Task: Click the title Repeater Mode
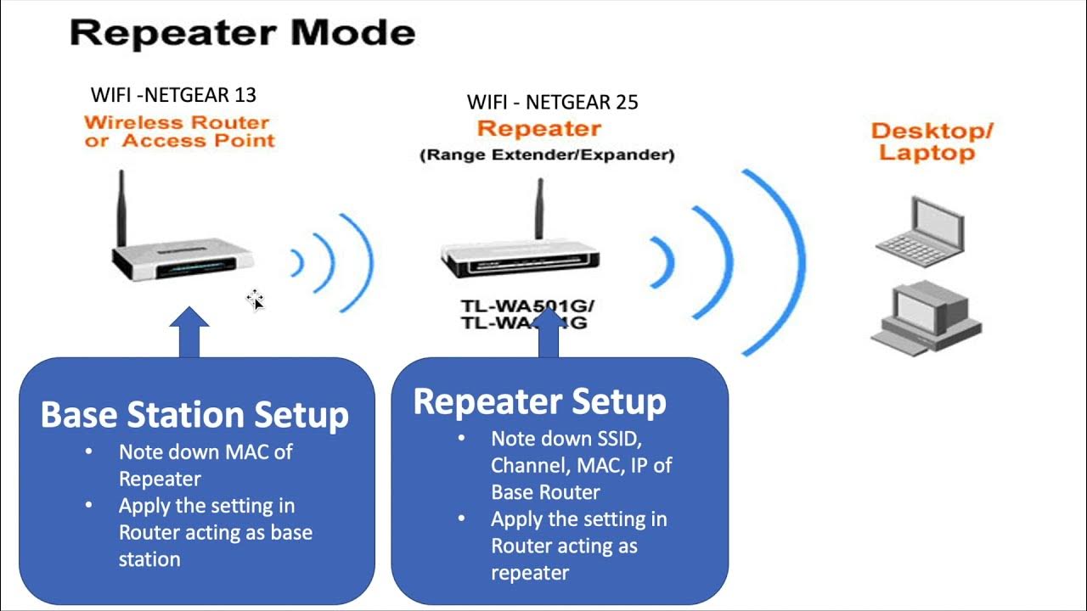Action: (242, 33)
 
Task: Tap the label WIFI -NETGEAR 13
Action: (173, 94)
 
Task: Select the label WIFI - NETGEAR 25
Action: (552, 103)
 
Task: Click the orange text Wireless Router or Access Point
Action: (179, 132)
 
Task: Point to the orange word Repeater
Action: (538, 129)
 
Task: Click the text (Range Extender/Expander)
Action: (547, 155)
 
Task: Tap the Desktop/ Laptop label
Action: (932, 142)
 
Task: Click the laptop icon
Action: (921, 226)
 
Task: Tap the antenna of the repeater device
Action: (538, 208)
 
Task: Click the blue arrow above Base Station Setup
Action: (189, 333)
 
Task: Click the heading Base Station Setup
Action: (194, 415)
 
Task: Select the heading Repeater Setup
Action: (539, 401)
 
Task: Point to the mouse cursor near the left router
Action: (255, 299)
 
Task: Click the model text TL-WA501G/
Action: (527, 305)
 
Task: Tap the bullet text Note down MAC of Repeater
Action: (205, 464)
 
